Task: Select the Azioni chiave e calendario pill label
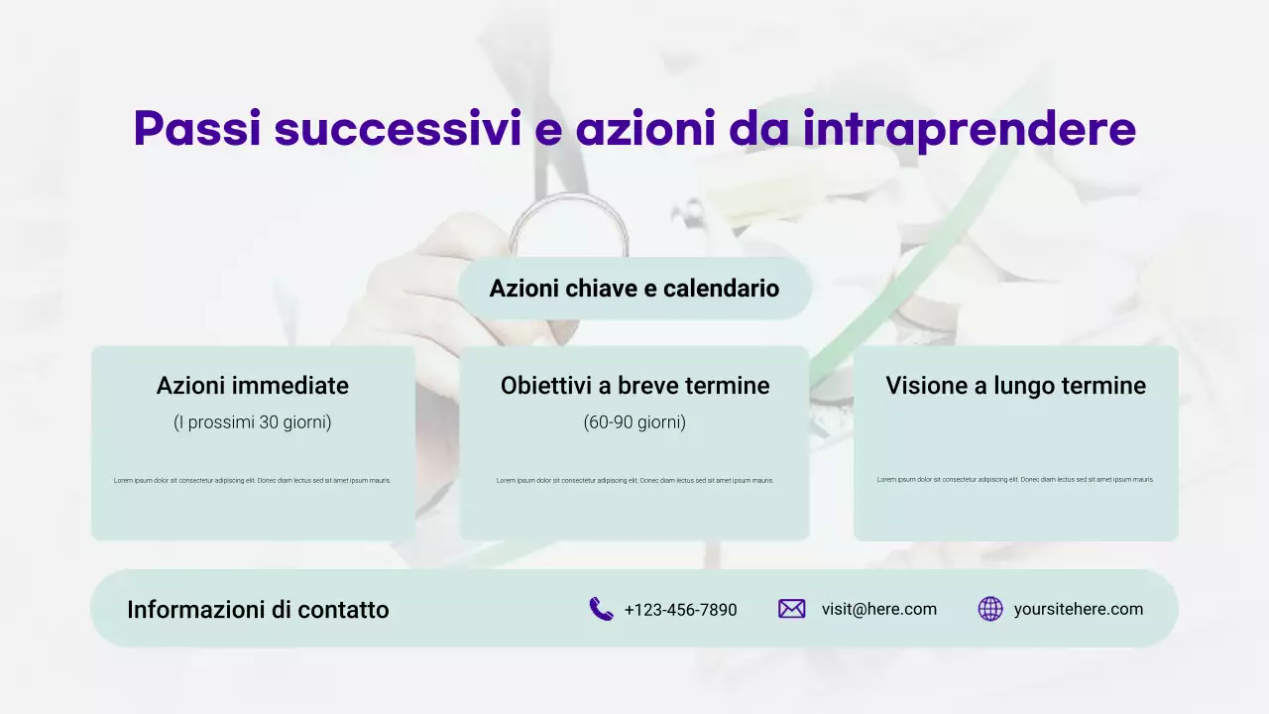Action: click(634, 289)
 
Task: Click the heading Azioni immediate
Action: click(253, 385)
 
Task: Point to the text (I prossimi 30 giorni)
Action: click(253, 422)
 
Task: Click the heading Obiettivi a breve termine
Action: click(634, 385)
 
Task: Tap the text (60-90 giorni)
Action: click(634, 422)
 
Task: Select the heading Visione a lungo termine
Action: click(1015, 385)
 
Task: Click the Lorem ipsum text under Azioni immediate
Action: click(253, 480)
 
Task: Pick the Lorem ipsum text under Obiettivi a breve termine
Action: click(634, 480)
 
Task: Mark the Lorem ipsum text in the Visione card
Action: click(1015, 479)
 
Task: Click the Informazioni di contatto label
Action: click(258, 610)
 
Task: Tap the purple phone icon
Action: click(601, 609)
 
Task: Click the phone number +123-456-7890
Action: click(680, 610)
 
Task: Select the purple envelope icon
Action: click(791, 609)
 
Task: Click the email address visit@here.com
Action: click(878, 609)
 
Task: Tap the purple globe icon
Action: click(990, 609)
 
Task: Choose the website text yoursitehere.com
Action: click(1078, 609)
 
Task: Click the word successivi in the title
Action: click(397, 129)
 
